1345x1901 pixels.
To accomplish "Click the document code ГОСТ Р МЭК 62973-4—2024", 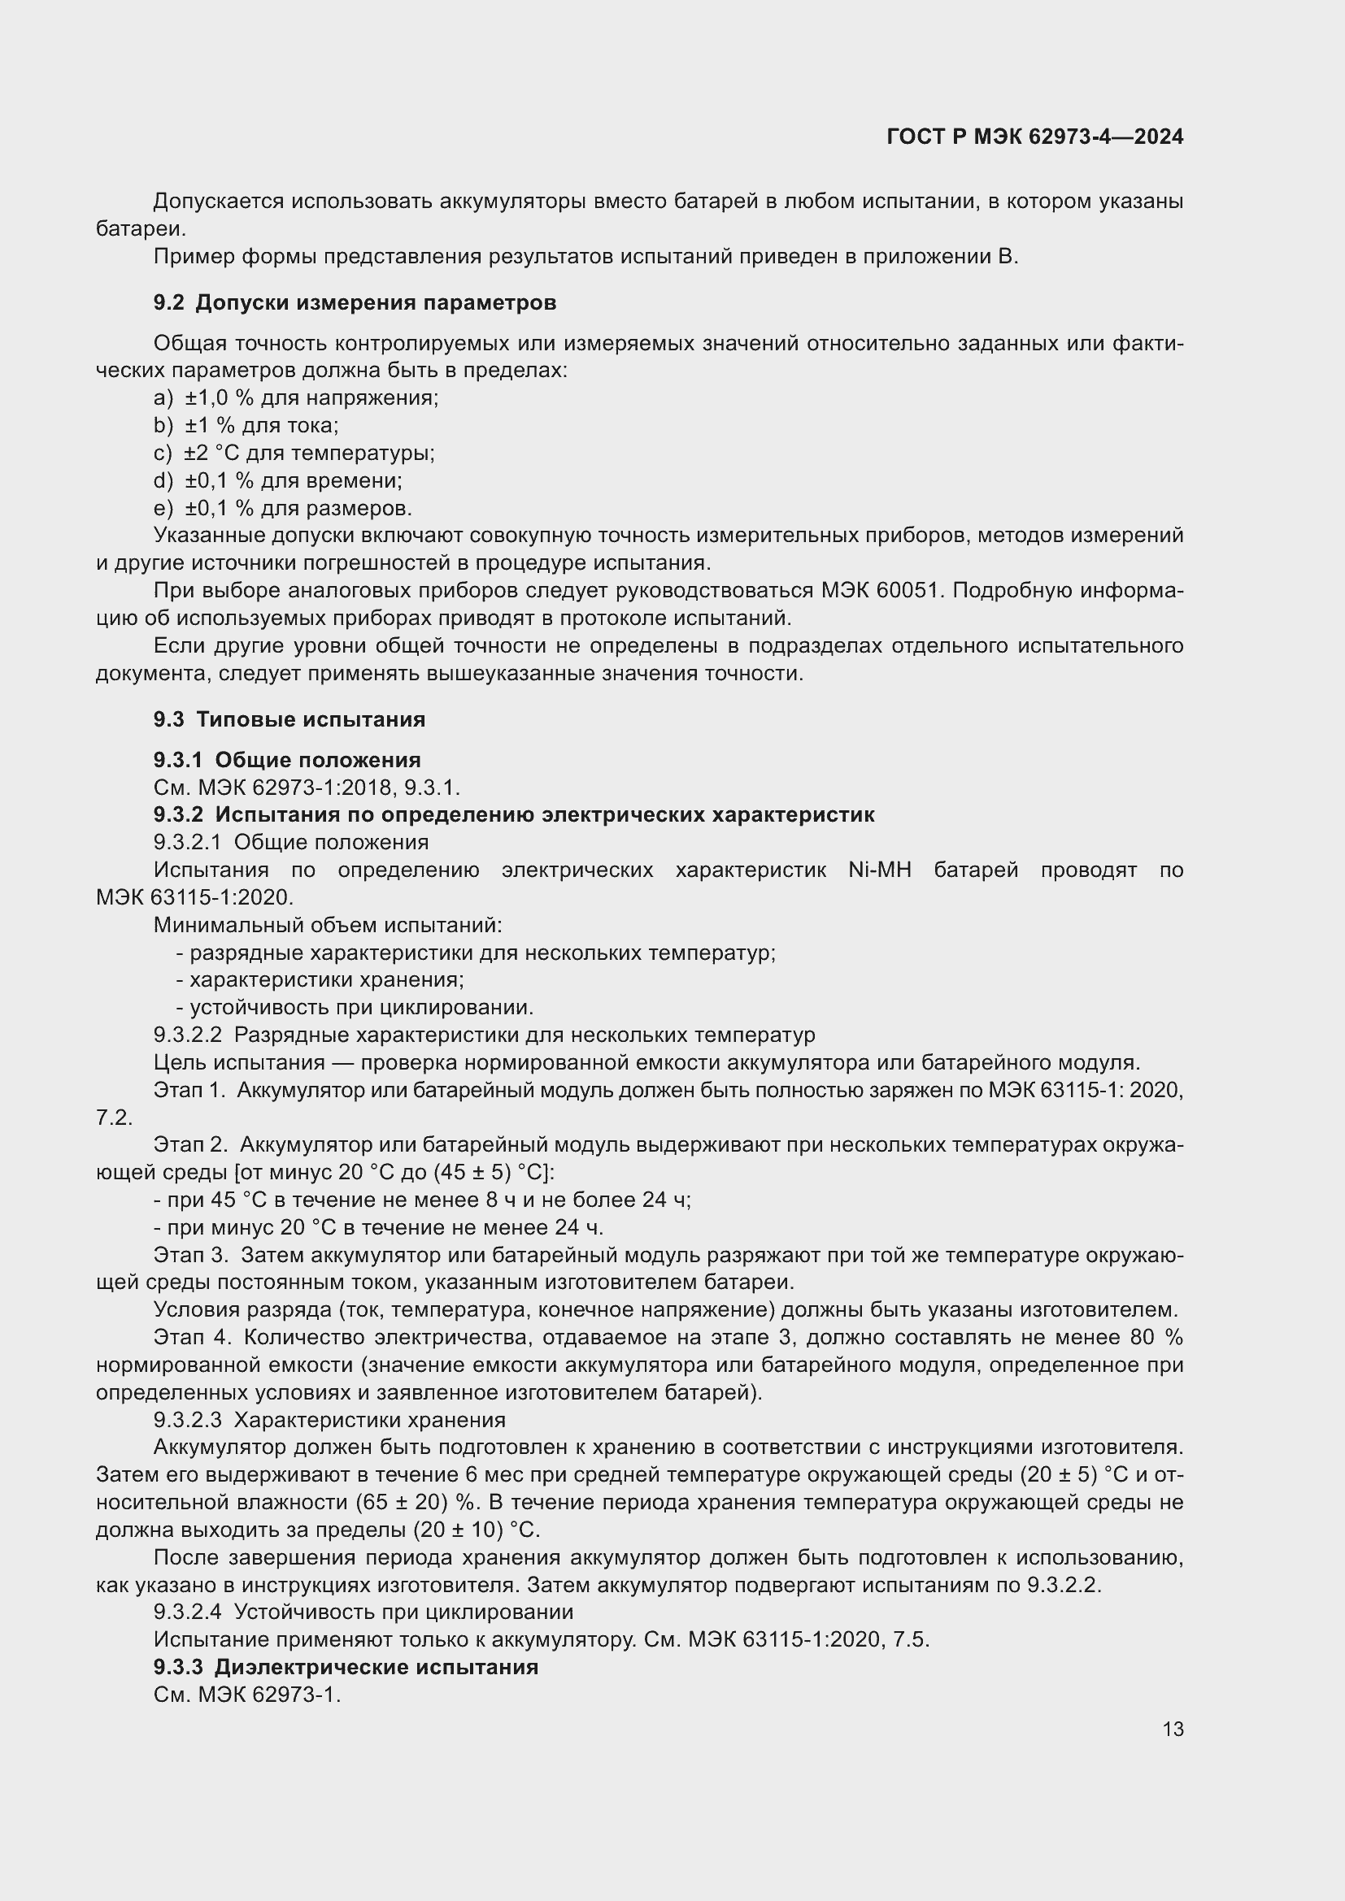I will [x=1034, y=137].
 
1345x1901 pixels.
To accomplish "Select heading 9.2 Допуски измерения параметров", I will [x=355, y=303].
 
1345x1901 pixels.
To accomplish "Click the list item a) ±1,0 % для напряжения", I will [x=296, y=398].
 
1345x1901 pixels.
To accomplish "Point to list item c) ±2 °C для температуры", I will [x=294, y=453].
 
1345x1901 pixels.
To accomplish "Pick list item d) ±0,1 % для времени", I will [x=277, y=480].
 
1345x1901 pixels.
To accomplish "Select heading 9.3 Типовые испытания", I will [x=289, y=719].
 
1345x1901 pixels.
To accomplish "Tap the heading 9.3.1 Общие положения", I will [x=286, y=760].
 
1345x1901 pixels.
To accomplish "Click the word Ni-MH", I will [x=880, y=870].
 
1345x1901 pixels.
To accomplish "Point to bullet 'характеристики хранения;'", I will [x=320, y=980].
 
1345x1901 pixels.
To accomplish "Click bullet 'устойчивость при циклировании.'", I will [x=355, y=1008].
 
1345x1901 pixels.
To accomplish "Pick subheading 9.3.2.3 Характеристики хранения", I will [x=329, y=1421].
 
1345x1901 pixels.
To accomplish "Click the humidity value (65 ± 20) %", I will [x=418, y=1503].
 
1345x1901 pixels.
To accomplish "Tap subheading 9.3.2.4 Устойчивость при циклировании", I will [x=363, y=1612].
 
